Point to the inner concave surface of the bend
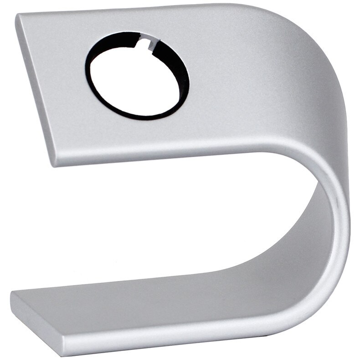319,205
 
